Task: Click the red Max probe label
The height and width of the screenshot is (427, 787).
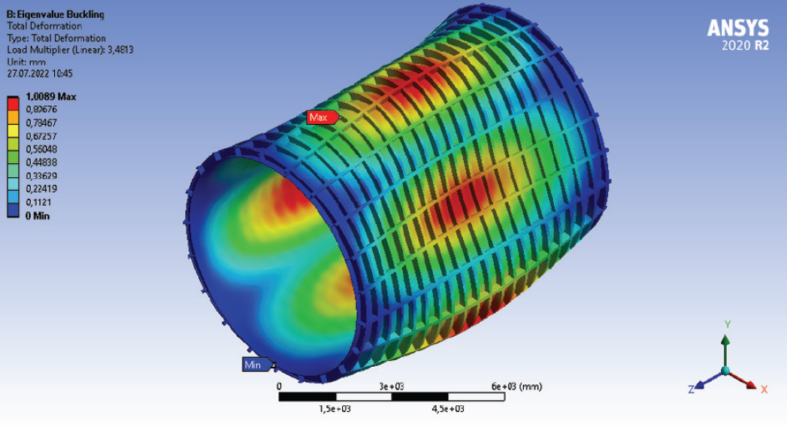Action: click(321, 117)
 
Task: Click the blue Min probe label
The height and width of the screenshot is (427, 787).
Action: click(253, 365)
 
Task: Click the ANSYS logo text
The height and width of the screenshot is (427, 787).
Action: click(738, 28)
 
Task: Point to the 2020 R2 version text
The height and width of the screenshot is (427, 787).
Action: click(745, 45)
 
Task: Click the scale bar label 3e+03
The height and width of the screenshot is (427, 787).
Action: click(392, 386)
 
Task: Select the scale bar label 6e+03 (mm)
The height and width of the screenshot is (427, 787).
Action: click(516, 386)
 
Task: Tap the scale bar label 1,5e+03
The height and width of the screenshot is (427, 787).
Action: click(336, 409)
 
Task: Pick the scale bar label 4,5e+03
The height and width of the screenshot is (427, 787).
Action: click(448, 409)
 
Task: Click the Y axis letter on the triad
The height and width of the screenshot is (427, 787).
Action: click(726, 324)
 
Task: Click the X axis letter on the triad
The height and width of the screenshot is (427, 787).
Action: click(764, 389)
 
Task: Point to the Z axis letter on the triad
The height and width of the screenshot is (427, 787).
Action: click(690, 389)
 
